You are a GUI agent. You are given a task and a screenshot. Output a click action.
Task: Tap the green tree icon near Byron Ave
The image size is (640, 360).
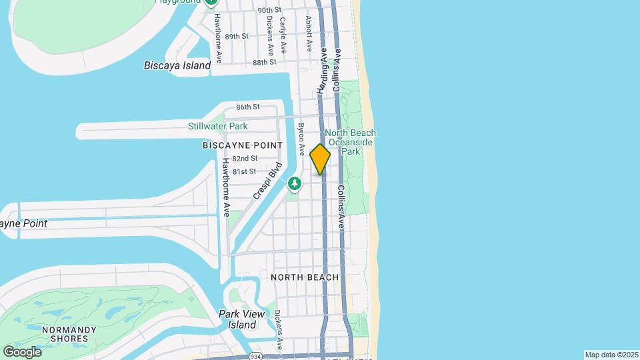pyautogui.click(x=294, y=183)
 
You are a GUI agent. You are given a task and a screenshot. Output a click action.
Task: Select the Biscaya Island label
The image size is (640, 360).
pyautogui.click(x=177, y=65)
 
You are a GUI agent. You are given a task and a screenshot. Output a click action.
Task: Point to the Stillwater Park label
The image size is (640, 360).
pyautogui.click(x=217, y=126)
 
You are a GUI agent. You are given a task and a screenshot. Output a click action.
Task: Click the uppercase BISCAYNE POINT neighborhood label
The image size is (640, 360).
pyautogui.click(x=243, y=145)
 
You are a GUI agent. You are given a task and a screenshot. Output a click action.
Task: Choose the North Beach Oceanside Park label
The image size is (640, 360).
pyautogui.click(x=351, y=142)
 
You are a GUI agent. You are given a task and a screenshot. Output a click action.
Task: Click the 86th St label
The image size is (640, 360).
pyautogui.click(x=247, y=107)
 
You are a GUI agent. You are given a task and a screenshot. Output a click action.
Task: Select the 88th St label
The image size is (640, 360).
pyautogui.click(x=264, y=62)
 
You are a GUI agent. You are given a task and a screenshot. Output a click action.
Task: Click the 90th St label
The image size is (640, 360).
pyautogui.click(x=269, y=10)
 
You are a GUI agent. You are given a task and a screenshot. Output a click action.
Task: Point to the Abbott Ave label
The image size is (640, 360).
pyautogui.click(x=309, y=33)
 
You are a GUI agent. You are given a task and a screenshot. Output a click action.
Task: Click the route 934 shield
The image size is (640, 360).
pyautogui.click(x=256, y=356)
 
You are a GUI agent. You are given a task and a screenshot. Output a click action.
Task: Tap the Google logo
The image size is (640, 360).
pyautogui.click(x=22, y=351)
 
